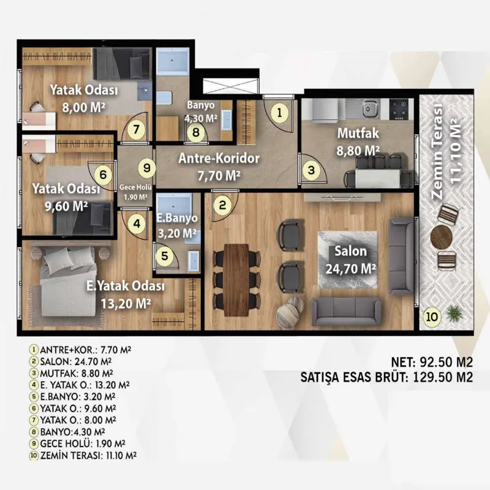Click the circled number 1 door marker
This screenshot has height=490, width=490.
tap(279, 112)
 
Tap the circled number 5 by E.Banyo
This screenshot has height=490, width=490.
tap(164, 256)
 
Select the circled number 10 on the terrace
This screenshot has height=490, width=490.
tap(432, 317)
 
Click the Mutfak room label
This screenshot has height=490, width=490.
tap(358, 134)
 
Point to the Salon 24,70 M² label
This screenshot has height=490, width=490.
tap(350, 260)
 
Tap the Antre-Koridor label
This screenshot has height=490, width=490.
tap(219, 159)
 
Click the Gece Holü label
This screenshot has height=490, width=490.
tap(135, 187)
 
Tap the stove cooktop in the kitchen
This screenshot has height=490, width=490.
tap(399, 110)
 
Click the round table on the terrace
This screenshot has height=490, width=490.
tap(441, 237)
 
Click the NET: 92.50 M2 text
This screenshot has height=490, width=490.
tap(432, 363)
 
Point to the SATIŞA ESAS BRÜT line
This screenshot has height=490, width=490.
tap(386, 377)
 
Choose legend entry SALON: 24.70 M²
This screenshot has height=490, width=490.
tap(70, 361)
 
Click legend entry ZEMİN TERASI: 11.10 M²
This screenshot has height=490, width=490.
tap(83, 455)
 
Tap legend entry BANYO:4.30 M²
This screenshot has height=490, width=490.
tap(67, 432)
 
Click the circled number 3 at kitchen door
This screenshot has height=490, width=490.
tap(311, 170)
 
